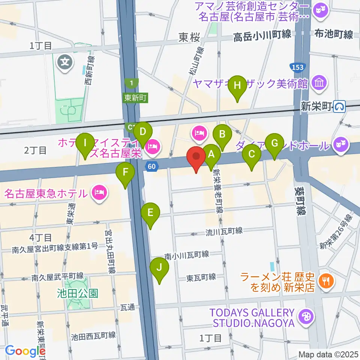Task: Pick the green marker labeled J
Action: point(159,268)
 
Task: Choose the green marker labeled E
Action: point(150,213)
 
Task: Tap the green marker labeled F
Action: point(126,172)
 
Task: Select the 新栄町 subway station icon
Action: point(340,107)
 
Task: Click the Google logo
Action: point(25,351)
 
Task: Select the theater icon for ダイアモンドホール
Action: point(340,144)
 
